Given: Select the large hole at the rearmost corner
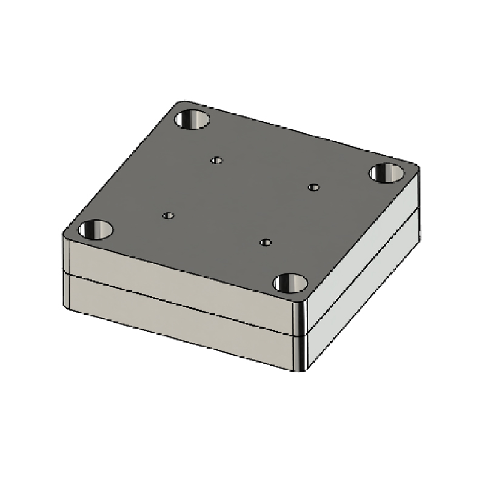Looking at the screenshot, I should click(192, 118).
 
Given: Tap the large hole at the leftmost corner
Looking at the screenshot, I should click(96, 230).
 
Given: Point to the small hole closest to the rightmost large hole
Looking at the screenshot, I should click(313, 187).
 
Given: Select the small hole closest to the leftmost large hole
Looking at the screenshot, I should click(169, 215).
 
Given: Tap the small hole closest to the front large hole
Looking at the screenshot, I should click(265, 242).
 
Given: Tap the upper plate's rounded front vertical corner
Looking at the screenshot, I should click(301, 315).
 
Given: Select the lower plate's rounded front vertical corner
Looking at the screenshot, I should click(301, 352).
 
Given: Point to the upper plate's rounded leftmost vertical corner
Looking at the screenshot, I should click(65, 255).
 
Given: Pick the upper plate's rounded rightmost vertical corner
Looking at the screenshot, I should click(417, 188).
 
